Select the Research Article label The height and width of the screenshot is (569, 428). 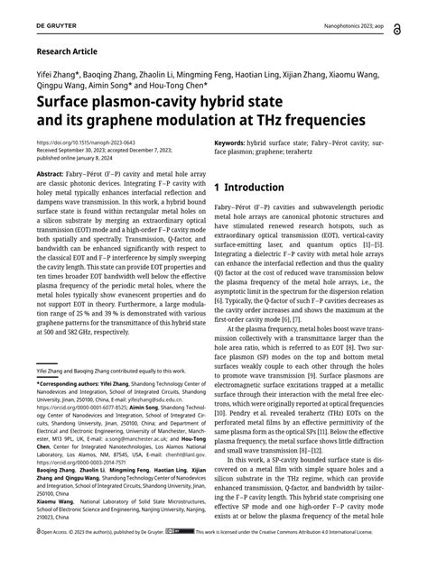coord(70,52)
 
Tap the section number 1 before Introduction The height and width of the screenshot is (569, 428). coord(219,188)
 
